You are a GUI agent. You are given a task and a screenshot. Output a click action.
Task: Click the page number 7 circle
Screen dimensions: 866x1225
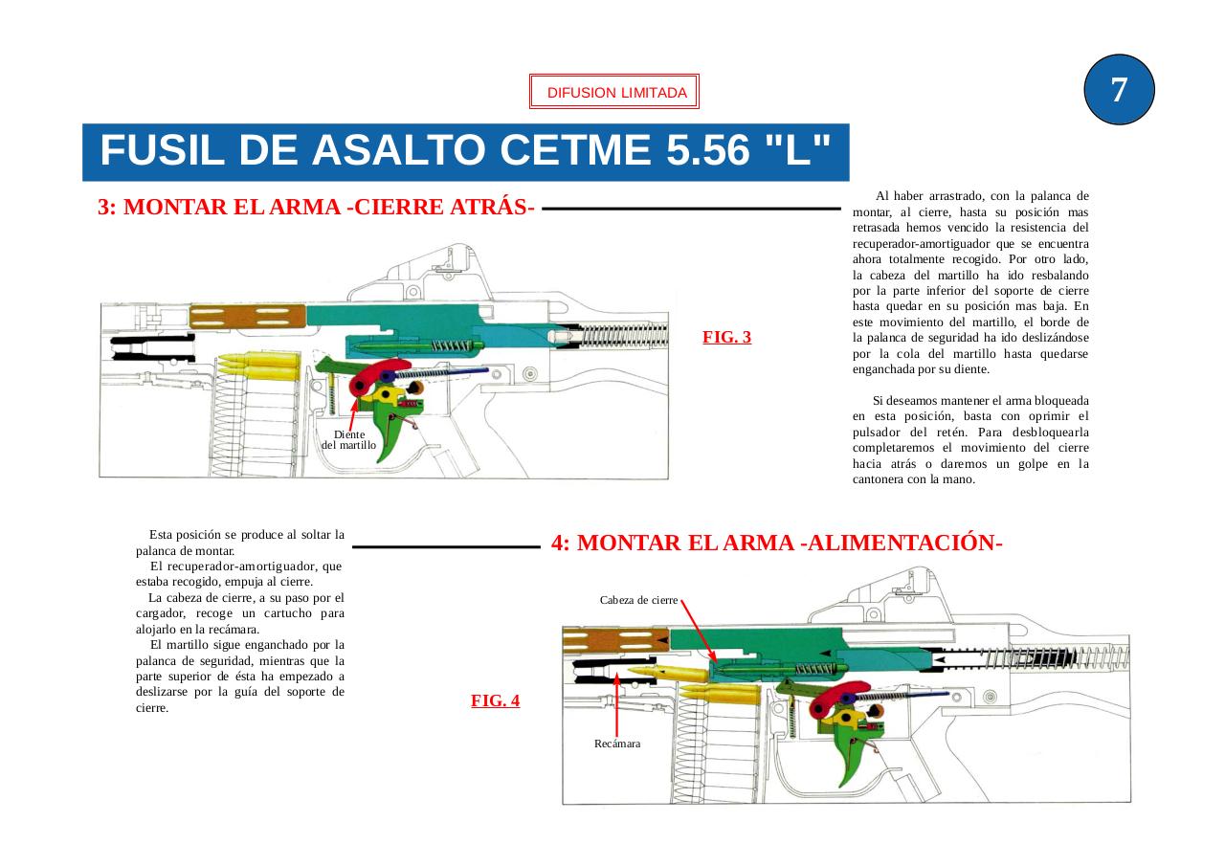pos(1119,90)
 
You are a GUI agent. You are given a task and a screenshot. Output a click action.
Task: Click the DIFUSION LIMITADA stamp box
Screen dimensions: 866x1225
pos(614,93)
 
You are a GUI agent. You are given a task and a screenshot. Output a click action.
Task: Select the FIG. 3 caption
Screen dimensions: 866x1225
pos(726,337)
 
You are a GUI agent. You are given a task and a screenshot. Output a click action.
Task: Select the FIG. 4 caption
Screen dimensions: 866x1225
pos(495,700)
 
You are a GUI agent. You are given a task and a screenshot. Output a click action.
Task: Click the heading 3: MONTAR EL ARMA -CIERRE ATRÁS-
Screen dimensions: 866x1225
pos(316,208)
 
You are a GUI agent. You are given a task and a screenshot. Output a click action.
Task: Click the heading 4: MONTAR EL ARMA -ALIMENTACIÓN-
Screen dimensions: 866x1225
pos(776,543)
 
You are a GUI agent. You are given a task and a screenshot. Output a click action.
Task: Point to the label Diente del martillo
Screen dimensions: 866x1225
pos(348,440)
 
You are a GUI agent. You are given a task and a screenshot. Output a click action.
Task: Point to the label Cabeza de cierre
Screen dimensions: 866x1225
pos(638,600)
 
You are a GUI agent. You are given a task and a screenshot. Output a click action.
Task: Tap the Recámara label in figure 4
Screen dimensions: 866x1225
pos(617,744)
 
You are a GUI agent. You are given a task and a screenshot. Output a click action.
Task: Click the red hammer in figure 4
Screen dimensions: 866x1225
pos(838,698)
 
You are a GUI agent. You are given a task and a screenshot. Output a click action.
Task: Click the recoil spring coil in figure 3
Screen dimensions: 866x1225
pos(622,335)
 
